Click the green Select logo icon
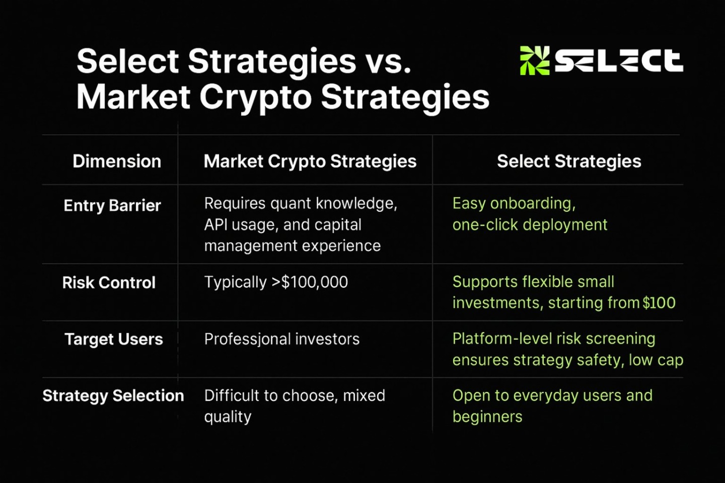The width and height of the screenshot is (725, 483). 535,60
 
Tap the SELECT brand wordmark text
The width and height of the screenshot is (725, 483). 619,61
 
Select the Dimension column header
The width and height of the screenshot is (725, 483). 117,161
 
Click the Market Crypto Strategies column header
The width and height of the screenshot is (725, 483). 310,162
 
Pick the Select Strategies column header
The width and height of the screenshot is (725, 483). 569,162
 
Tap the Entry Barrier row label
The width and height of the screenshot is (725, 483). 112,206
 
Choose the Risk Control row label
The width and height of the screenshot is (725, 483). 109,282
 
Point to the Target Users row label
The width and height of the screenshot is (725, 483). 114,340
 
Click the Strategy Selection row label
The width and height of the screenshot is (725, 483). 113,396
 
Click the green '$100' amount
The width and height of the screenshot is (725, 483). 659,303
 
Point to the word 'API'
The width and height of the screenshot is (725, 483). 215,225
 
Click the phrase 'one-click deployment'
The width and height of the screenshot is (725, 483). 530,225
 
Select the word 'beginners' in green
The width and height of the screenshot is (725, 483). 487,417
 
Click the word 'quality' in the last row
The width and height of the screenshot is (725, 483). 228,417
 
